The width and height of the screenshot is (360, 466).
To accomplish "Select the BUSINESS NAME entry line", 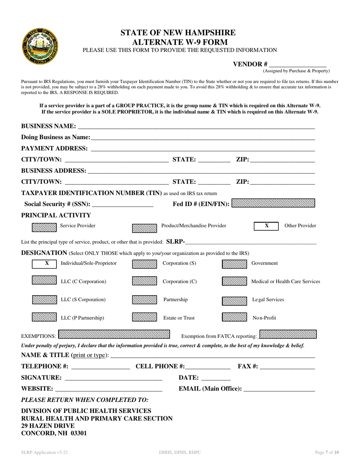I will coord(196,126).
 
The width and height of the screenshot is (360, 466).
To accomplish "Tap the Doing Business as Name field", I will coord(203,137).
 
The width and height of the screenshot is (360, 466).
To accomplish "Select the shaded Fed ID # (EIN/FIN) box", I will coord(273,203).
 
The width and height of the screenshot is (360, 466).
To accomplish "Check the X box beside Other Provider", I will coord(266,226).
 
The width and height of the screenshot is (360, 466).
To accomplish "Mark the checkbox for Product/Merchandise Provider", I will coord(144,228).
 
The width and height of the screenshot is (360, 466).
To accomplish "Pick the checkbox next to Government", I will coord(234,264).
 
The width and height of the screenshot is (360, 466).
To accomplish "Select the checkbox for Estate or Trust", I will coord(144,317).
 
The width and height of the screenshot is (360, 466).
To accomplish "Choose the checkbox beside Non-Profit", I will coord(234,317).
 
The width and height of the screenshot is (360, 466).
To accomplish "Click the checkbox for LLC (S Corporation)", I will coord(44,300).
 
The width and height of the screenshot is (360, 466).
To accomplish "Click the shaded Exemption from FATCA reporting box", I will coord(288,334).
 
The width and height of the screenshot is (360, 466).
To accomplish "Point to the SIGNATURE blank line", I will coord(113,378).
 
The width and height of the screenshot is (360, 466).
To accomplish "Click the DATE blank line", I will coord(216,378).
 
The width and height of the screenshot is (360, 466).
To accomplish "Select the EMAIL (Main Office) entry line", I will coord(279,389).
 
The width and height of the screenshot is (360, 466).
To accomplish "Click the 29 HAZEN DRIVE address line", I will coord(48,426).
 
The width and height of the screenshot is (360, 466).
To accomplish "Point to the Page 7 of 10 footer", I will coord(327,452).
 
